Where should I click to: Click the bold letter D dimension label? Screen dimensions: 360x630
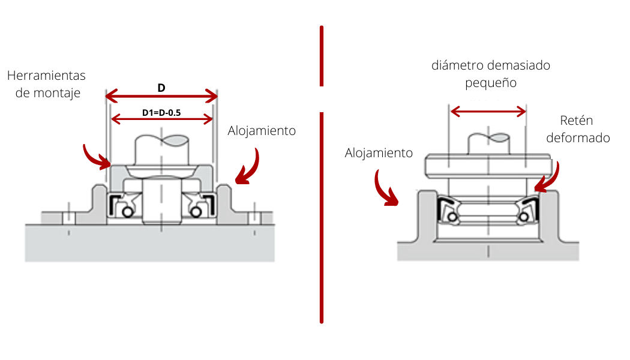(x=161, y=88)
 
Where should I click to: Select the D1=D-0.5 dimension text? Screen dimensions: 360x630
(x=162, y=112)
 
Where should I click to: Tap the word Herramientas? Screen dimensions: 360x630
(x=46, y=76)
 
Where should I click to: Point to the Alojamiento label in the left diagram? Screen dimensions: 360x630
(x=262, y=131)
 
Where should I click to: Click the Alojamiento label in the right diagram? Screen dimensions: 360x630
(x=379, y=153)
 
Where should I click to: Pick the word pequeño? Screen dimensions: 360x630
(x=491, y=83)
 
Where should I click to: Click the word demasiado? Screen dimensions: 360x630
(x=518, y=65)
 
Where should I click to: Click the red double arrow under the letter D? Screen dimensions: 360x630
(x=161, y=95)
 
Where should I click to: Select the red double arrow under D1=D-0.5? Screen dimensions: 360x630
(x=162, y=119)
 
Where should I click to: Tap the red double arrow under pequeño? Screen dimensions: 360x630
(x=488, y=111)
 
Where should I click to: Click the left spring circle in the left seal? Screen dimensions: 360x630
(x=126, y=212)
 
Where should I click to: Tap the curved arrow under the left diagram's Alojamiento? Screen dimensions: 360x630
(x=248, y=167)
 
